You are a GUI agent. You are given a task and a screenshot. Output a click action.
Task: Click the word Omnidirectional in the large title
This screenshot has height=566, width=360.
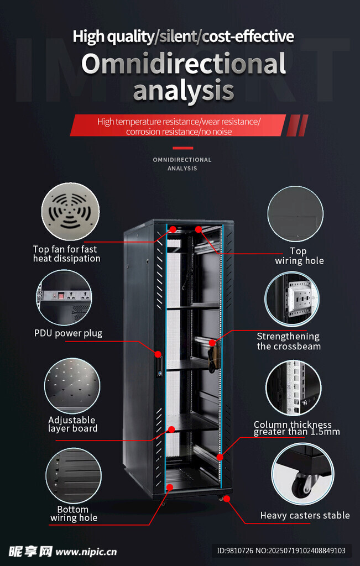pos(184,64)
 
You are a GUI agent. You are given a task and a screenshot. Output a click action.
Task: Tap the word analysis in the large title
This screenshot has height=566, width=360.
pos(184,90)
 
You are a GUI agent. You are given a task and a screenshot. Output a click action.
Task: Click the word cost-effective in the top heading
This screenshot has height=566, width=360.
pos(248,37)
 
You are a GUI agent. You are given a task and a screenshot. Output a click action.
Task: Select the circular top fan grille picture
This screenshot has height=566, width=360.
pos(70,212)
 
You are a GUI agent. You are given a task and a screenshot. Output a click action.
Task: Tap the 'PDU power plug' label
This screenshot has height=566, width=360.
pos(68,333)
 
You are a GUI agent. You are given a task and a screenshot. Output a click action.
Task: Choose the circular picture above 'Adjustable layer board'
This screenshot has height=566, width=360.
pos(72,386)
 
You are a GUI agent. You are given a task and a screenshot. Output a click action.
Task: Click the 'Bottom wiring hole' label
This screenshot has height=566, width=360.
pos(74,513)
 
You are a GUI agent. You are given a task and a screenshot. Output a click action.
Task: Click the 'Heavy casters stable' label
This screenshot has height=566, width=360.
pos(305,515)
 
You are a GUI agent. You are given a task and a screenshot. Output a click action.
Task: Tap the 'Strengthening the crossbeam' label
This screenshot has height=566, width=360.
pos(289,342)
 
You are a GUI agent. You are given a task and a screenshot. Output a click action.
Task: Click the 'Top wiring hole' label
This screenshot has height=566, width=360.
pos(299,256)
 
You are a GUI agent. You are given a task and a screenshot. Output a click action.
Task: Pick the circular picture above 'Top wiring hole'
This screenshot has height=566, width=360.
pos(295,214)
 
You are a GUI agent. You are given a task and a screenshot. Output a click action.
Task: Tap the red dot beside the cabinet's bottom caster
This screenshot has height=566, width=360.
pos(226,499)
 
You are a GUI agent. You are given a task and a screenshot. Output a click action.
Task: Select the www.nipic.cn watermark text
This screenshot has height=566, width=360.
pos(86,552)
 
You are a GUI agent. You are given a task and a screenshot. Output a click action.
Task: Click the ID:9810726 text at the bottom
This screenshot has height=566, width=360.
pos(234,551)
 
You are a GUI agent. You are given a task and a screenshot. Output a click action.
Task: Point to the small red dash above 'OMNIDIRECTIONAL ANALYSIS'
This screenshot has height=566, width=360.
pos(182,148)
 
